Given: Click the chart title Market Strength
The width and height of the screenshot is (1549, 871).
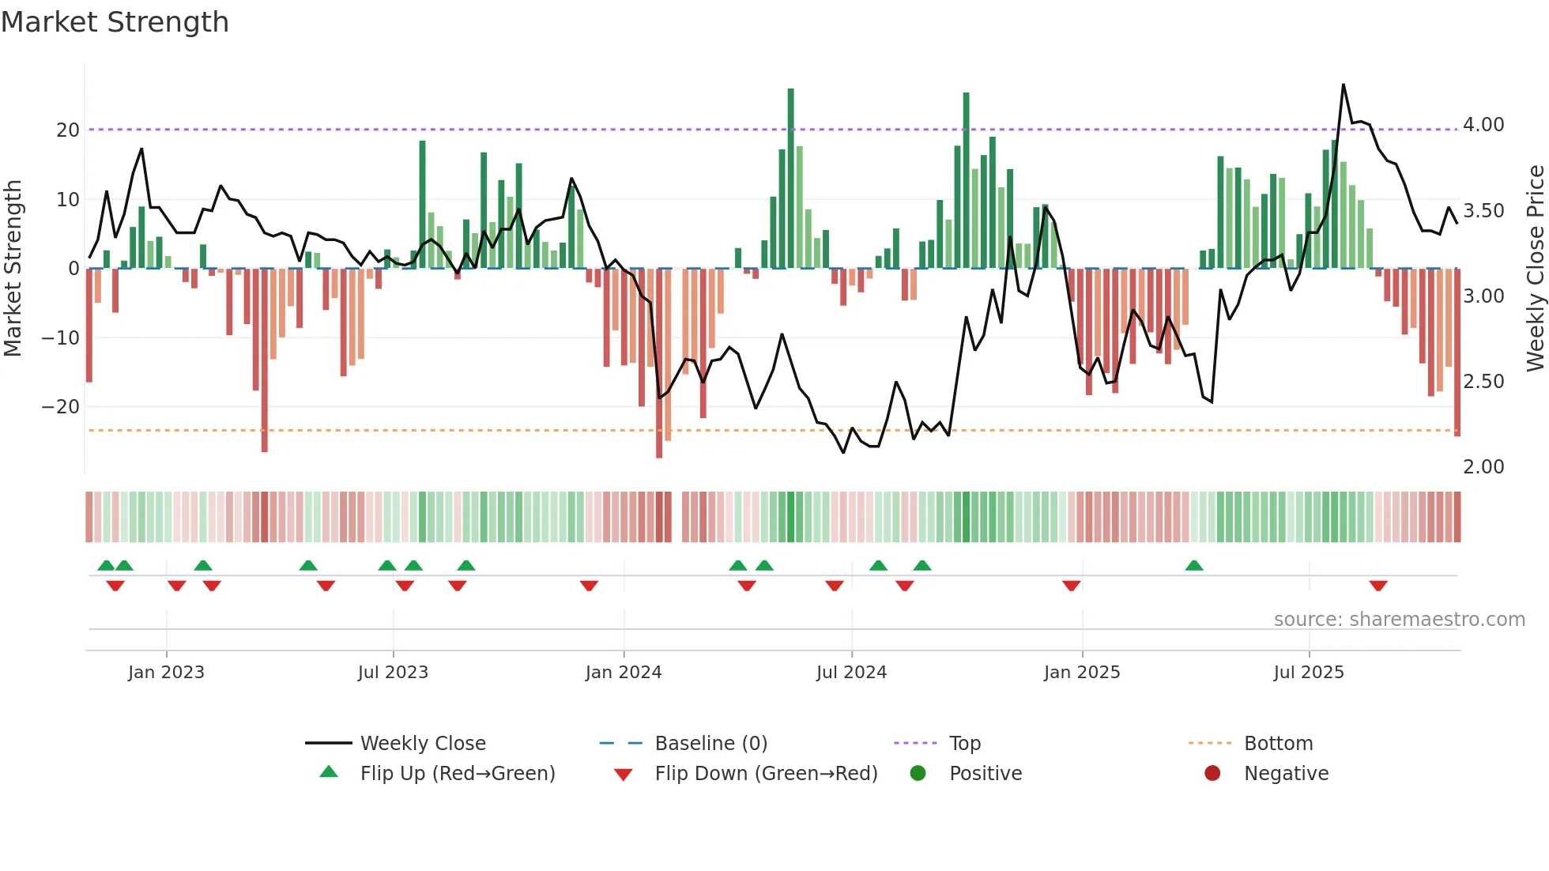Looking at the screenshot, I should [x=115, y=22].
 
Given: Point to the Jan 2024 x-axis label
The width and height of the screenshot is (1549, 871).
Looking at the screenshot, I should [x=624, y=673].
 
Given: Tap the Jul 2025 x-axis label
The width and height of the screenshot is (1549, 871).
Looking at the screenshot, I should [x=1309, y=673].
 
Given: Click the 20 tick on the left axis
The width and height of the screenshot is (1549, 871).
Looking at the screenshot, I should [x=68, y=130].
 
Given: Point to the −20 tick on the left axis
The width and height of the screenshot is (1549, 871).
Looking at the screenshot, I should [x=61, y=407].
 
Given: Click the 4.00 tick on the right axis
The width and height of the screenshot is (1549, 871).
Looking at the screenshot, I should [x=1483, y=125].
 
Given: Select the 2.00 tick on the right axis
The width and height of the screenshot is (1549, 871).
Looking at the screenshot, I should [x=1483, y=467].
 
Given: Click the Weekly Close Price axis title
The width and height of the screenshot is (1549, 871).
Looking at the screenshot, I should [x=1535, y=269].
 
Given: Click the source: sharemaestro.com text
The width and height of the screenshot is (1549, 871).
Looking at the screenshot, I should [x=1399, y=620].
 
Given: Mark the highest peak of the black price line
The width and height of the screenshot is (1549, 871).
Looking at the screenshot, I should [x=1343, y=85].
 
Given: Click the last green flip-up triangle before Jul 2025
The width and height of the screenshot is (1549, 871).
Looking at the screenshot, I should [x=1194, y=566].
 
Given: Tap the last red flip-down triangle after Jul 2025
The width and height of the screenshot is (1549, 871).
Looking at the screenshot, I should [x=1378, y=586].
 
